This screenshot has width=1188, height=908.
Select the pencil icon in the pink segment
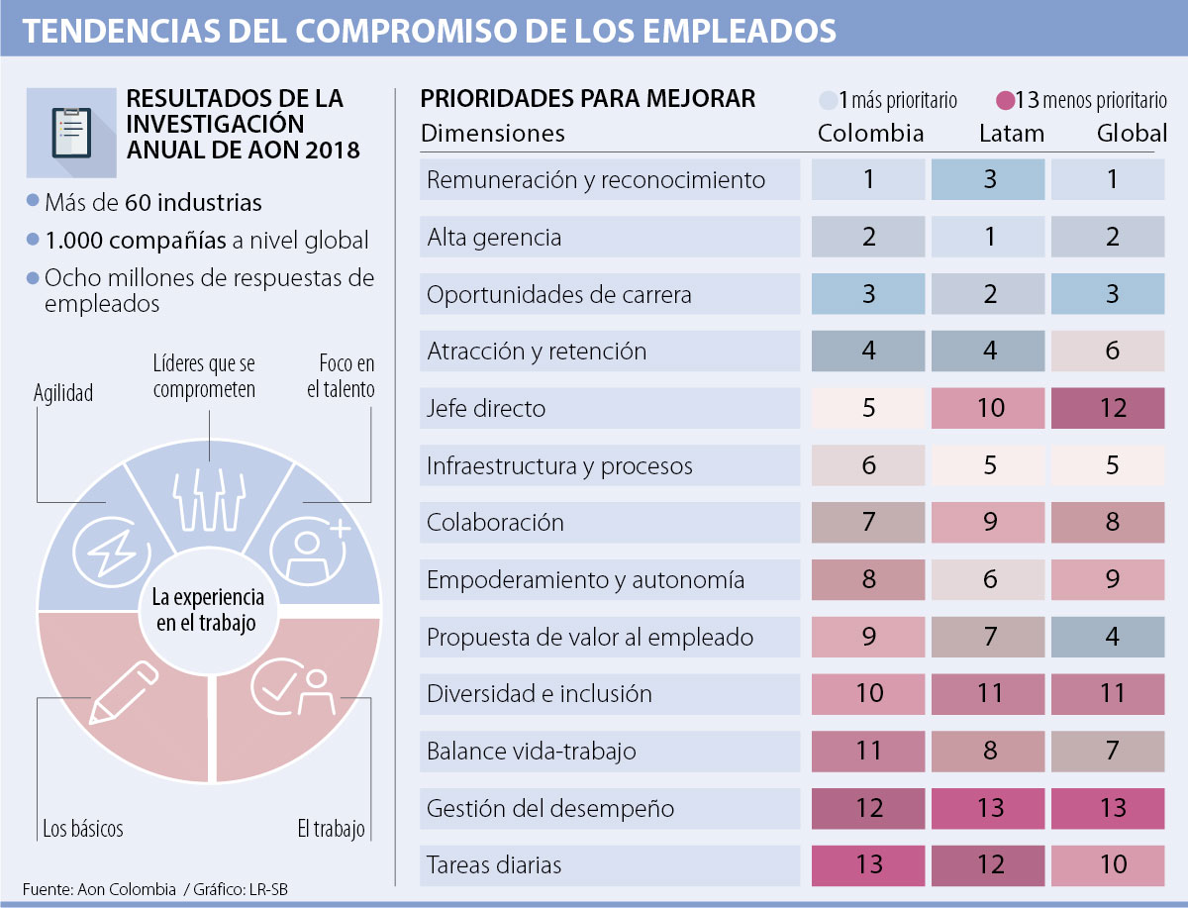click(124, 691)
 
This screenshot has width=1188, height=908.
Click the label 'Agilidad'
click(63, 394)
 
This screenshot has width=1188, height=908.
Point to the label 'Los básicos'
click(83, 828)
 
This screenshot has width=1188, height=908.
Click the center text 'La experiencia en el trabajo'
click(208, 610)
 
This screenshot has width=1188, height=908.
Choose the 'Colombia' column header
click(870, 134)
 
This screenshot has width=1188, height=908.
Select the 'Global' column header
click(1132, 134)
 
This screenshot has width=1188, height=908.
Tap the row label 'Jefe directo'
click(486, 408)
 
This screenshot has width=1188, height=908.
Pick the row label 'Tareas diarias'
click(494, 864)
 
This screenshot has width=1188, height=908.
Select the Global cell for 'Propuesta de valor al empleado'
click(1108, 637)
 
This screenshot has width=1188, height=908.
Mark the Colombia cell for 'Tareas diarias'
click(868, 864)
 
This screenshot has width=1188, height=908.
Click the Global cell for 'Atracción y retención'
click(1108, 351)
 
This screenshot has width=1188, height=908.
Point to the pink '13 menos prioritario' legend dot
click(1006, 100)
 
